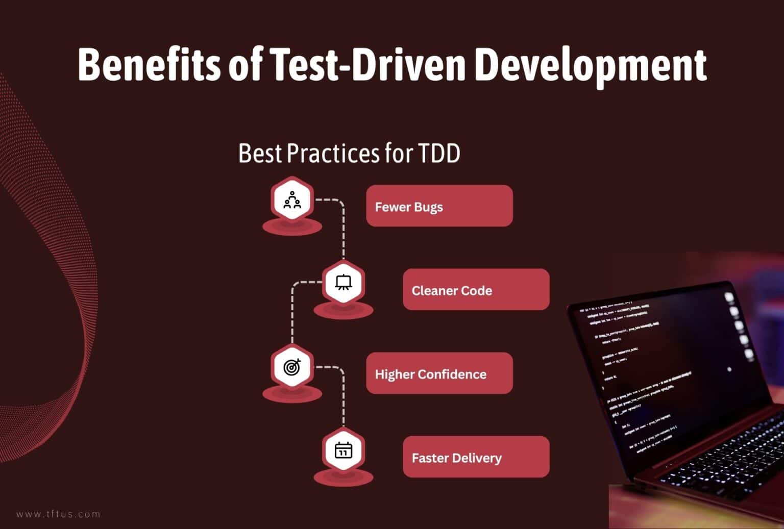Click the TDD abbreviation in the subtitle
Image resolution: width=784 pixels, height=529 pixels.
(438, 153)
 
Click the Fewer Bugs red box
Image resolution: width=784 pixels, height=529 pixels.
(439, 206)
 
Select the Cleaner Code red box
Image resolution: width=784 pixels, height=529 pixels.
(476, 290)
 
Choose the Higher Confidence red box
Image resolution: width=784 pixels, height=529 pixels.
(439, 373)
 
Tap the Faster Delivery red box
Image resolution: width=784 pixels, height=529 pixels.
(476, 457)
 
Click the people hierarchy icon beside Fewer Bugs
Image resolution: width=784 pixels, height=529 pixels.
(292, 200)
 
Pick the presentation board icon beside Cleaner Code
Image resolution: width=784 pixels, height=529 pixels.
(343, 283)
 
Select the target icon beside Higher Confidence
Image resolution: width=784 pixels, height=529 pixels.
(292, 366)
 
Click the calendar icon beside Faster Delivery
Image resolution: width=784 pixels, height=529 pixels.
(343, 450)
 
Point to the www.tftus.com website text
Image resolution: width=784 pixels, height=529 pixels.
(59, 514)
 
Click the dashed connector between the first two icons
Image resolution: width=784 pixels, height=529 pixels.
(343, 230)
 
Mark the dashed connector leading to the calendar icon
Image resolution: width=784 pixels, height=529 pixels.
(343, 398)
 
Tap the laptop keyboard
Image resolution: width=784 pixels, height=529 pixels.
(725, 454)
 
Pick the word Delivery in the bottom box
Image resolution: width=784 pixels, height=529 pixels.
(478, 458)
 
